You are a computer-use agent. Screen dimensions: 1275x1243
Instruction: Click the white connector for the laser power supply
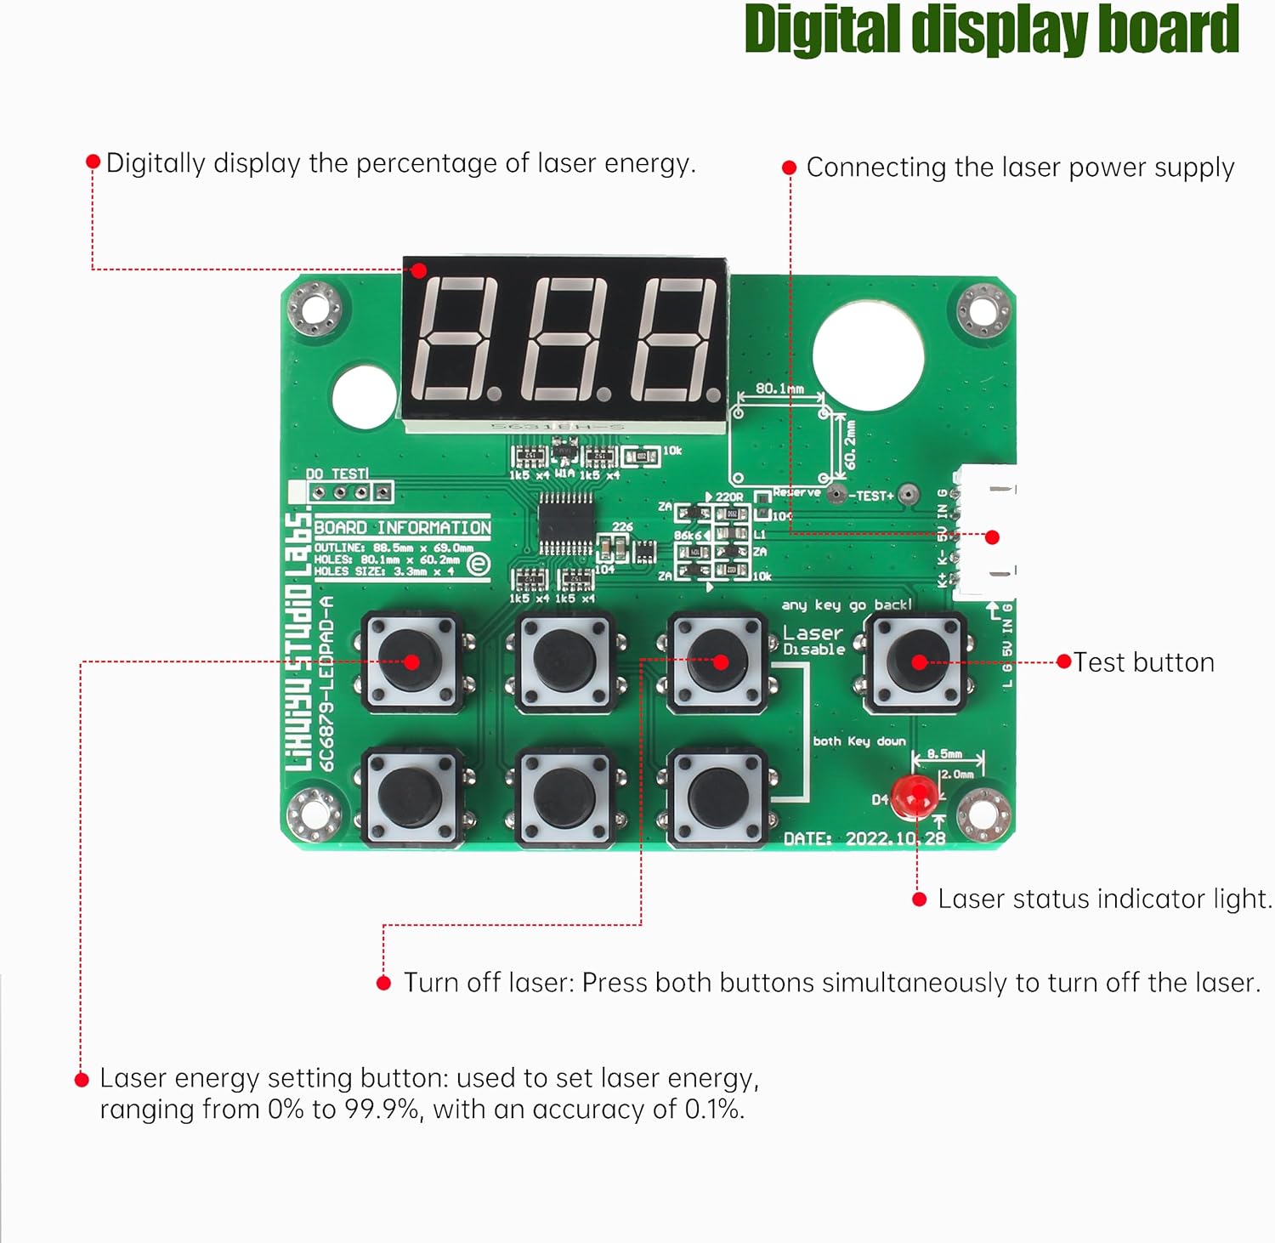[x=986, y=535]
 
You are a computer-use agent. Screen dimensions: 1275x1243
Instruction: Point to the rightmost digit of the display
[x=678, y=339]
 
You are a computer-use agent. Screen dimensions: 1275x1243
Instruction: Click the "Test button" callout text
[x=1143, y=662]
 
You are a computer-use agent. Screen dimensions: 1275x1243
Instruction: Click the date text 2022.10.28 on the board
[x=895, y=838]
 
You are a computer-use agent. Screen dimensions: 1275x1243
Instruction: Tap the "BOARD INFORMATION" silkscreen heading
[x=403, y=527]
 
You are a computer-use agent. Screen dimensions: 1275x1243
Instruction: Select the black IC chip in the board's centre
[x=565, y=520]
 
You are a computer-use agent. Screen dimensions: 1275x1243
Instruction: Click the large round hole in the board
[x=868, y=356]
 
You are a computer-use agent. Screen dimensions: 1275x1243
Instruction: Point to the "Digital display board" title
[x=991, y=31]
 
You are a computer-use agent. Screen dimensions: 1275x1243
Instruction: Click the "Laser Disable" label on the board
[x=813, y=640]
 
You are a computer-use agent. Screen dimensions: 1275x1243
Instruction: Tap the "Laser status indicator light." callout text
[x=1104, y=899]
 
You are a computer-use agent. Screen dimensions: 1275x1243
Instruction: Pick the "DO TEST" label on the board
[x=337, y=474]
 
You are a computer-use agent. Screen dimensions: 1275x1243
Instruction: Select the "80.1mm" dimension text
[x=779, y=389]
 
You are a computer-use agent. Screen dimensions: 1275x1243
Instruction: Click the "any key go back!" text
[x=847, y=604]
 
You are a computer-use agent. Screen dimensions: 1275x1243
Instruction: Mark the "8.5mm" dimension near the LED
[x=944, y=753]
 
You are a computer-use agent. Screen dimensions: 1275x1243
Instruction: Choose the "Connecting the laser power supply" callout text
[x=1020, y=167]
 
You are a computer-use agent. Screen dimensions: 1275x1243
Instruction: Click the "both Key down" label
[x=859, y=741]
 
